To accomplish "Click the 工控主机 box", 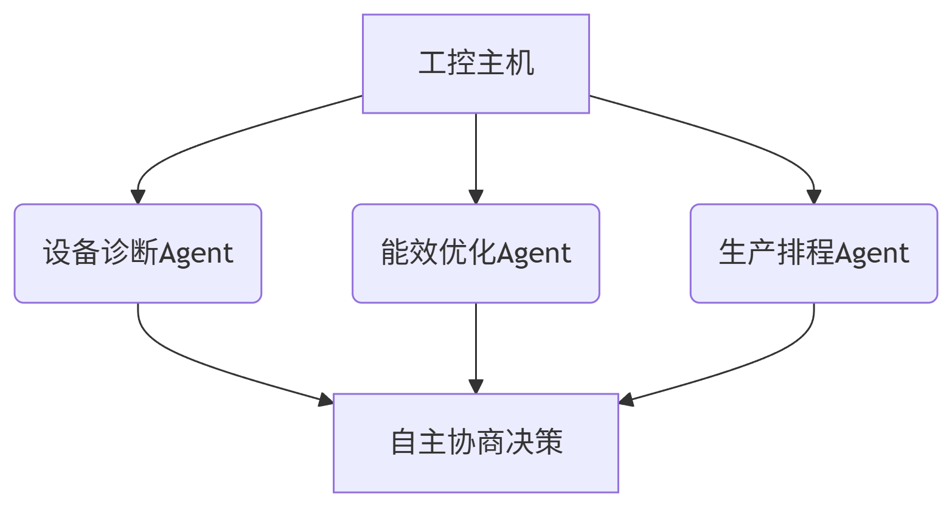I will tap(476, 64).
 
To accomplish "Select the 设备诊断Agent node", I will tap(138, 253).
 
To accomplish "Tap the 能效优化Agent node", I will tap(476, 253).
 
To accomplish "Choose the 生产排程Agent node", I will tap(814, 253).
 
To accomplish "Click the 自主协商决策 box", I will tap(476, 443).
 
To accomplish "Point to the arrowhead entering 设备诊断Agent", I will tap(138, 197).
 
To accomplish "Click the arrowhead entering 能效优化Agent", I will tap(476, 197).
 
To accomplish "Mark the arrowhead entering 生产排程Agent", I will tap(814, 197).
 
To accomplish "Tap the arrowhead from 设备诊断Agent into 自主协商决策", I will tap(326, 399).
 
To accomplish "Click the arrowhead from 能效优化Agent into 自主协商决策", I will tap(476, 387).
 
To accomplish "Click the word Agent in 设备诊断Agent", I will tap(196, 253).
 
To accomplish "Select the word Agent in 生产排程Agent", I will tap(872, 253).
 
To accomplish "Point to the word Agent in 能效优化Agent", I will tap(533, 253).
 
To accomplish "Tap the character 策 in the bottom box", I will tap(549, 443).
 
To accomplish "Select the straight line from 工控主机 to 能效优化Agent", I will tap(476, 152).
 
